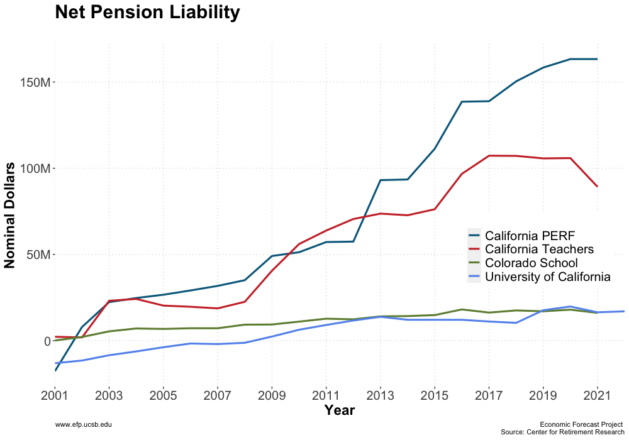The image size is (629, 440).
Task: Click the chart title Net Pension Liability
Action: pos(147,13)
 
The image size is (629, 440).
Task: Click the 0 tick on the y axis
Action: pos(47,341)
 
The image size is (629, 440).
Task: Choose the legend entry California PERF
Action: pos(531,236)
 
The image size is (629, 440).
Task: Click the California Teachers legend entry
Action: pos(540,250)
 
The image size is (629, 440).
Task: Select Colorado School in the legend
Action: pos(532,263)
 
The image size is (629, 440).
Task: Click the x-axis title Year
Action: pos(340,410)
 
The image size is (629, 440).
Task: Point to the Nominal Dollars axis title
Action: pos(11,214)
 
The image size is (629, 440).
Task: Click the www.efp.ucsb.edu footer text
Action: pos(84,426)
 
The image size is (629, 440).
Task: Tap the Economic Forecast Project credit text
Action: pos(581,425)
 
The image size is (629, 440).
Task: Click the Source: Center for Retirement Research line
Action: pos(562,432)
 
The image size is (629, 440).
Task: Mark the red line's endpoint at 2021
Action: pos(597,186)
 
